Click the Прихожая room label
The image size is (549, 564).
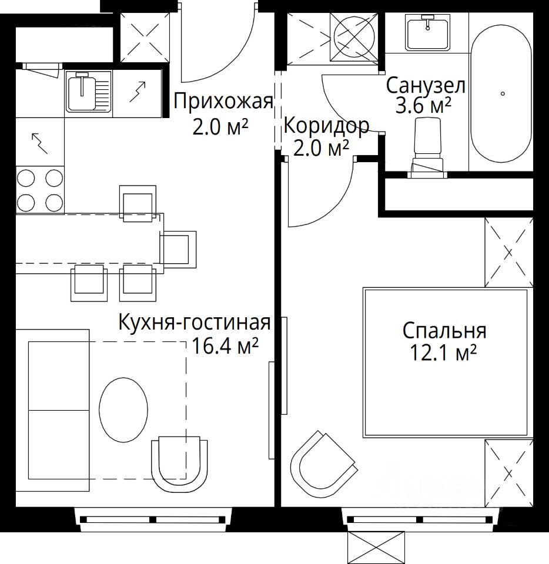(223, 102)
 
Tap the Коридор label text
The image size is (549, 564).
(326, 126)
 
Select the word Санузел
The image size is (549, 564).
(426, 86)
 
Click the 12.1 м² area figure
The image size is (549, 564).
(444, 353)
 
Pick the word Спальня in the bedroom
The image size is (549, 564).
(444, 331)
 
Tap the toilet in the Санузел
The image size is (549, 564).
(428, 148)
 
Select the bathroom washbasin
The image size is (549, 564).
(428, 32)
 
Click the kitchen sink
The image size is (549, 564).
(89, 90)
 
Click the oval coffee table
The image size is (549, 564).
(123, 409)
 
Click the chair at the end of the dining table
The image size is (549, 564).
(179, 249)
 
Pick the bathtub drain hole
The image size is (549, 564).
(503, 93)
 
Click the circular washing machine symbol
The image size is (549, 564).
(354, 36)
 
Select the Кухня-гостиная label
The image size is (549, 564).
(195, 323)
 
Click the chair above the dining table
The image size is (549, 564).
(138, 203)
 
